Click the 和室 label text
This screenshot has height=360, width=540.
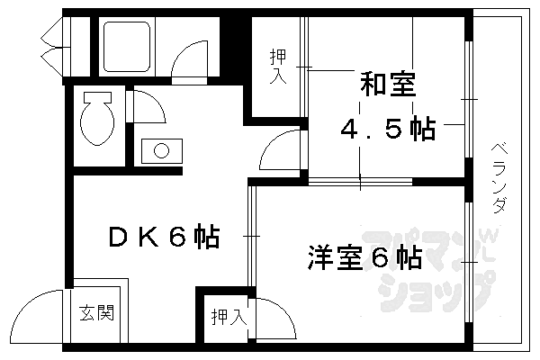[x=387, y=87]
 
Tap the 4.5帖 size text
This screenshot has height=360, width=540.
[x=387, y=130]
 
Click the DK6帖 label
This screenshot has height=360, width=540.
[x=164, y=238]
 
